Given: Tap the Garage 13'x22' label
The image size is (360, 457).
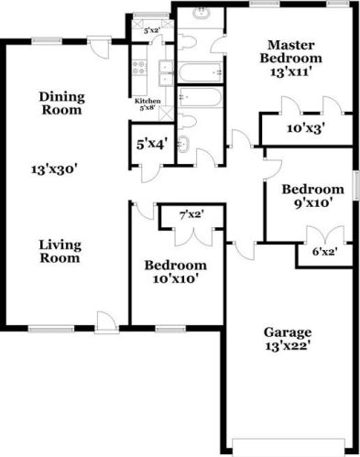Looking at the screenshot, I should (289, 339).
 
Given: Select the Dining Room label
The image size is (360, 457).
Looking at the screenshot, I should (61, 102).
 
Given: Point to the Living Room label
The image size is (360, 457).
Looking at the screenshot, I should (60, 251).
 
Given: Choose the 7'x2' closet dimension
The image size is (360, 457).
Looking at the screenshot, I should (191, 215).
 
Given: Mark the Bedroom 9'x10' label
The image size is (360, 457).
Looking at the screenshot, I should (307, 198).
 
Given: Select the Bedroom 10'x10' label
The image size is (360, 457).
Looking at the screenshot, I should (174, 272).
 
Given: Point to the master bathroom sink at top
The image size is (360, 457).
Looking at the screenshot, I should (201, 16).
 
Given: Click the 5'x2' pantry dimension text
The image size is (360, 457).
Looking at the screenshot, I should (153, 31).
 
